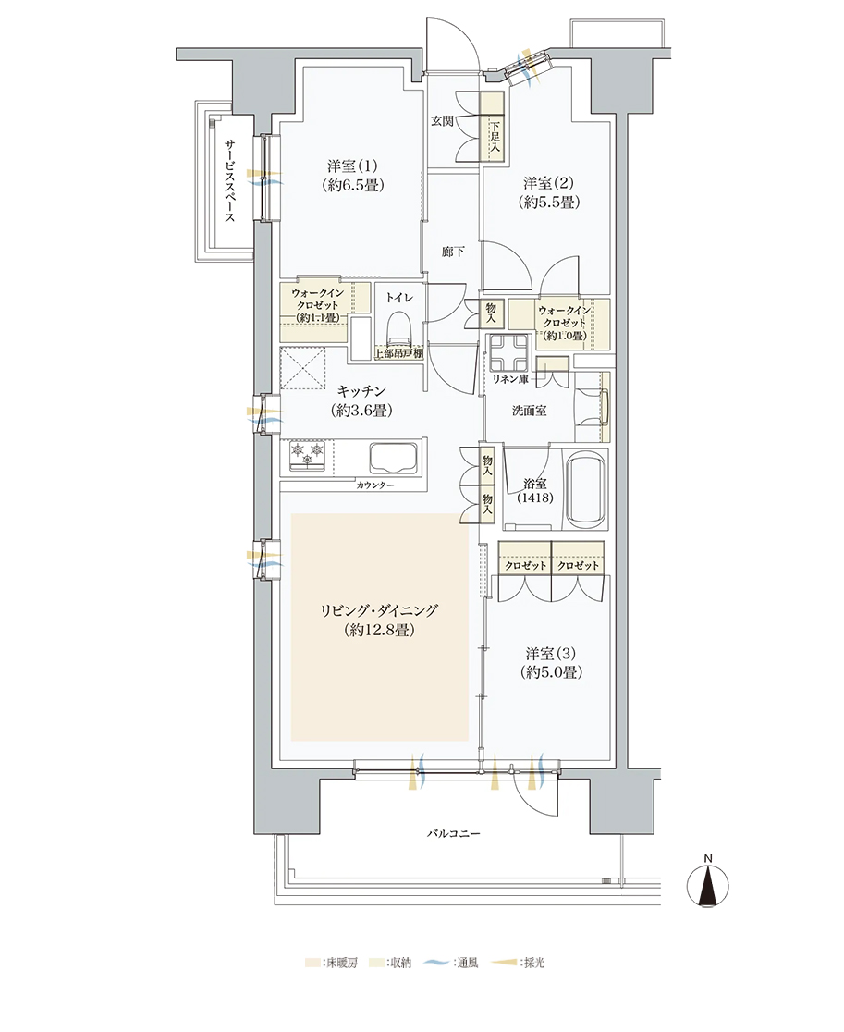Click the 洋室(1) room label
click(x=352, y=166)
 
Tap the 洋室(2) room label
click(x=548, y=183)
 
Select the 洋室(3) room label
click(x=551, y=654)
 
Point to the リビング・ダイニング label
click(x=379, y=610)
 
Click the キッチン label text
click(x=361, y=391)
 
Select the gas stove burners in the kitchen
click(x=308, y=455)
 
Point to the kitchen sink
click(x=394, y=457)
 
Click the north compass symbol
click(x=708, y=884)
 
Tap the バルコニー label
click(x=454, y=833)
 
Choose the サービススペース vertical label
click(x=229, y=179)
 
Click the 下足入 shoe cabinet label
click(x=495, y=136)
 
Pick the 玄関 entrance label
click(x=442, y=121)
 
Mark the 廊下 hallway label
click(x=453, y=252)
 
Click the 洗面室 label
click(x=530, y=411)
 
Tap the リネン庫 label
click(x=511, y=379)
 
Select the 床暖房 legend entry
click(x=332, y=963)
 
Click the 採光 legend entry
click(x=519, y=963)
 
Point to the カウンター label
click(x=375, y=485)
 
